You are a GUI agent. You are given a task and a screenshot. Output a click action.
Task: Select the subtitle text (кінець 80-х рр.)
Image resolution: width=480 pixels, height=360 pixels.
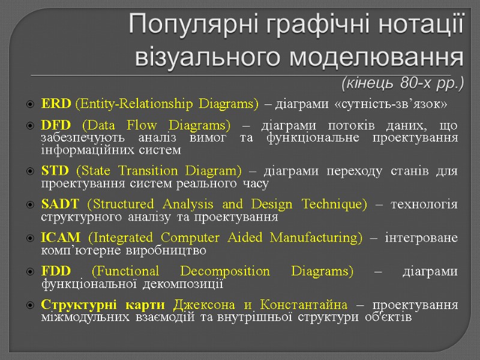403,82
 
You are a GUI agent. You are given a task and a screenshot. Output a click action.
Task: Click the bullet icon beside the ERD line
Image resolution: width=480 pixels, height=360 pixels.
30,105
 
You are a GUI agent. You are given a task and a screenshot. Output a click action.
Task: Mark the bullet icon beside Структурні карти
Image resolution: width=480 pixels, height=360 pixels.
30,305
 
